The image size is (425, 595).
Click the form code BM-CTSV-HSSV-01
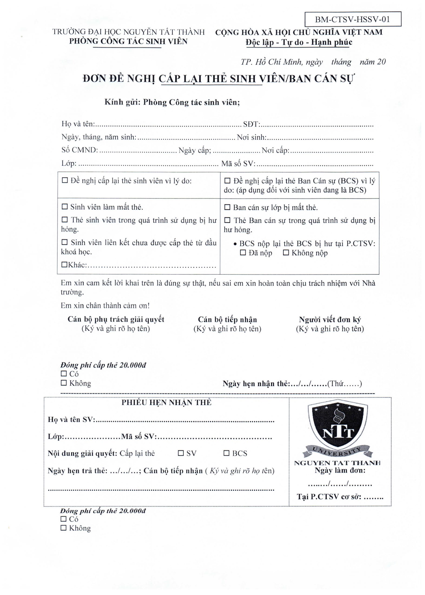pyautogui.click(x=353, y=19)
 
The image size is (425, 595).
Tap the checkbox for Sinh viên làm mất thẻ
pyautogui.click(x=64, y=207)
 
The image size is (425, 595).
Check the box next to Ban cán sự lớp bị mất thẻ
pyautogui.click(x=227, y=207)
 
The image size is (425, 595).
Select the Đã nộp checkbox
pyautogui.click(x=243, y=253)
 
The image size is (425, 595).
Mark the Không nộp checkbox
pyautogui.click(x=286, y=253)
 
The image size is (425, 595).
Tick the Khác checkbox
pyautogui.click(x=64, y=265)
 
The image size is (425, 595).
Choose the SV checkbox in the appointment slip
pyautogui.click(x=181, y=453)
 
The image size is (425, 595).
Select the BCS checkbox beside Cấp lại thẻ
pyautogui.click(x=226, y=453)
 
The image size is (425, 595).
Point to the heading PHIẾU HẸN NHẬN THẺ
pyautogui.click(x=166, y=403)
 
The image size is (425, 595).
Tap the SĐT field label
pyautogui.click(x=250, y=124)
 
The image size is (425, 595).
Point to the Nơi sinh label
pyautogui.click(x=251, y=137)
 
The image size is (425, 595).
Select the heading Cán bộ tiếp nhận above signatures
pyautogui.click(x=227, y=319)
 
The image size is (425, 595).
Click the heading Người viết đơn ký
pyautogui.click(x=330, y=319)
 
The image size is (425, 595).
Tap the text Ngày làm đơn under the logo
pyautogui.click(x=340, y=470)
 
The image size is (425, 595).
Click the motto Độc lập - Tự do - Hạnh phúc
pyautogui.click(x=299, y=42)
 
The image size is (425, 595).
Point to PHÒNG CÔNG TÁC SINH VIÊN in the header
pyautogui.click(x=128, y=41)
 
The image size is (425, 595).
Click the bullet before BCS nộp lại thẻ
pyautogui.click(x=235, y=244)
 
